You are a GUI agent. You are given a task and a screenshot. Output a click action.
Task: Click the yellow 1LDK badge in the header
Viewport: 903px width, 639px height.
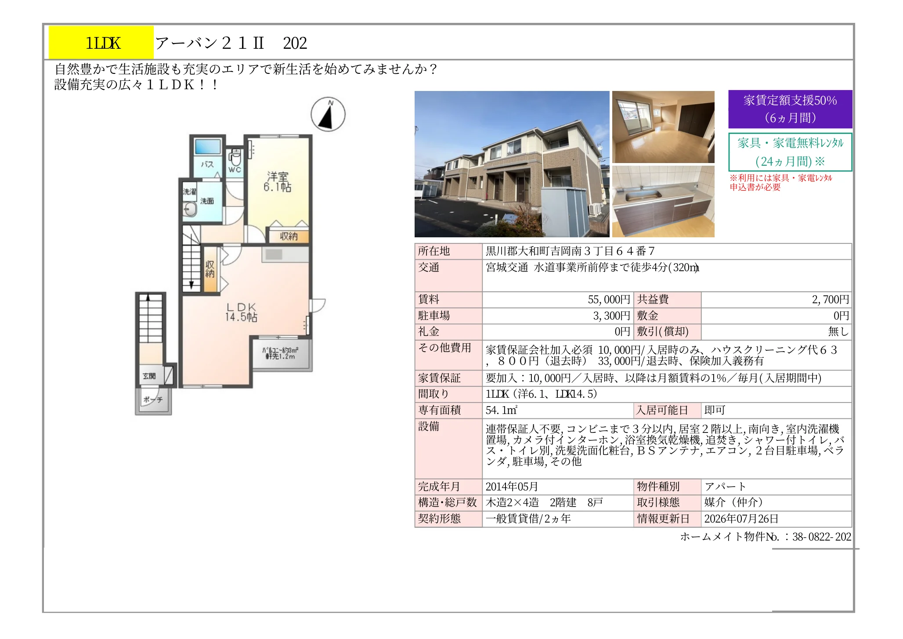(x=101, y=43)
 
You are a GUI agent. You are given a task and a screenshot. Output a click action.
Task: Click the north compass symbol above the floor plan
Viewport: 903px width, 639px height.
(x=328, y=114)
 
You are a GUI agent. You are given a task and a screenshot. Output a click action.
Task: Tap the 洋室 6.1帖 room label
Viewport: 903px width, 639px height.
(x=278, y=182)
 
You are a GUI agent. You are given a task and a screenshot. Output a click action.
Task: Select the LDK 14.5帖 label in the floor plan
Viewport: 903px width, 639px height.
(x=241, y=312)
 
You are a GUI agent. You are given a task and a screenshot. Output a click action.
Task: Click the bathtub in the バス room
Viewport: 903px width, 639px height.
(x=207, y=147)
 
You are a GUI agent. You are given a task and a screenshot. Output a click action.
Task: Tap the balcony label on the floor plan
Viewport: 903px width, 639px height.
(x=280, y=353)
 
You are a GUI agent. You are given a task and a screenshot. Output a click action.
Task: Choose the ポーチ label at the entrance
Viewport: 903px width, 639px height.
(x=153, y=399)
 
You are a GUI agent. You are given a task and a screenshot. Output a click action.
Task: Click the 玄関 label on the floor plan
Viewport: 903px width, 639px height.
(x=149, y=376)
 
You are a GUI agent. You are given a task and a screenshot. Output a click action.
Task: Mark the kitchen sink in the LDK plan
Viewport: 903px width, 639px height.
(x=274, y=254)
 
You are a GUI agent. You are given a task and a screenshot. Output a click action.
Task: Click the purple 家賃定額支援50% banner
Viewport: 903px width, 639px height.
(x=790, y=109)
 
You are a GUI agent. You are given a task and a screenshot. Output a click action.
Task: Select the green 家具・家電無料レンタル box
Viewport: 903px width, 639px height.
(x=790, y=152)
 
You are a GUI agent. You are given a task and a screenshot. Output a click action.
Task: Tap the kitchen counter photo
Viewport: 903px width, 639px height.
(x=663, y=201)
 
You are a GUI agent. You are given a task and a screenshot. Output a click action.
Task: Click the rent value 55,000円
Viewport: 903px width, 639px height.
(x=609, y=300)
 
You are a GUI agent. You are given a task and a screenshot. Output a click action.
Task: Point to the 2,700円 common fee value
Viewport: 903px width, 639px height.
(x=830, y=300)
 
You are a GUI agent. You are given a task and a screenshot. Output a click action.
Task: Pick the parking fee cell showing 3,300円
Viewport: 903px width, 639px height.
(x=611, y=316)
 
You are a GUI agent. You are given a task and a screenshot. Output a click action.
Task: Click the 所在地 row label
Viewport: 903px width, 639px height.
(x=434, y=251)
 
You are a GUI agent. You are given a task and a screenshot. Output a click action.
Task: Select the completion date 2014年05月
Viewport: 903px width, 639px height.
(x=512, y=487)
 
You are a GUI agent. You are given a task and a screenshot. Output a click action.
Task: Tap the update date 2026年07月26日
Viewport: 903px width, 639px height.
(x=741, y=519)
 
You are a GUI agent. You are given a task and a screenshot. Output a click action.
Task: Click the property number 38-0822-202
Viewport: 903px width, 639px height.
(x=822, y=537)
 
